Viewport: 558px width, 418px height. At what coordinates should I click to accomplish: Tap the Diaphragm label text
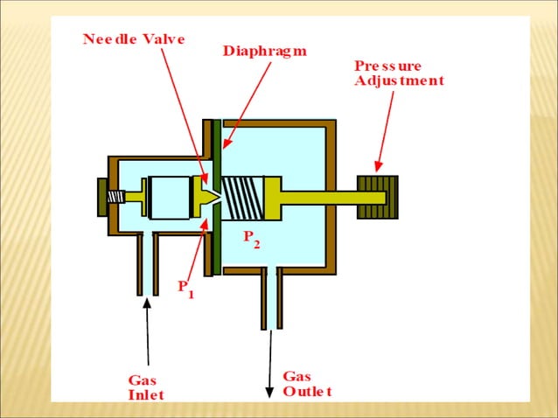click(x=264, y=51)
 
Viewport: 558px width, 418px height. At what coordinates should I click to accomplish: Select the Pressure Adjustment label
click(x=398, y=73)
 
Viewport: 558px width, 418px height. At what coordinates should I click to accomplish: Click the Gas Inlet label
click(x=145, y=387)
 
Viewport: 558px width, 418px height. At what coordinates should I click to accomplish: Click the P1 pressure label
click(x=185, y=288)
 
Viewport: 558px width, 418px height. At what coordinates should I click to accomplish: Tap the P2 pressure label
click(x=251, y=238)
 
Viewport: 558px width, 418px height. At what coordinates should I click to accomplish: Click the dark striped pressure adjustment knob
click(x=377, y=198)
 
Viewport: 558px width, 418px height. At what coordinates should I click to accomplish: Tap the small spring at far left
click(x=115, y=197)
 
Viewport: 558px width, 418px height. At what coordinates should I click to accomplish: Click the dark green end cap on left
click(x=101, y=198)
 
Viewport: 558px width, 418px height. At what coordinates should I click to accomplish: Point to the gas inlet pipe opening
click(x=146, y=262)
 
